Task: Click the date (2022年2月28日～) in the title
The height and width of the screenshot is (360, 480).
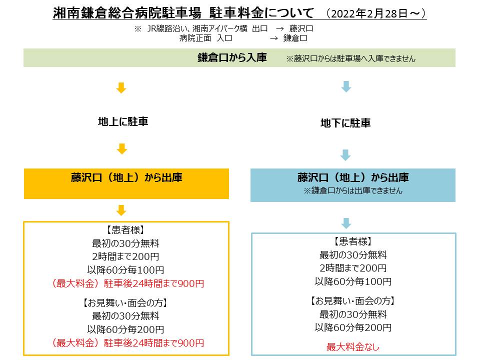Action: pyautogui.click(x=376, y=14)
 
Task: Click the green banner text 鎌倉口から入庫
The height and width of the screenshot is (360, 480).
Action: pyautogui.click(x=232, y=57)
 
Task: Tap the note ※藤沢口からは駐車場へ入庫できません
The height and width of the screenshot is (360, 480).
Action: pyautogui.click(x=351, y=58)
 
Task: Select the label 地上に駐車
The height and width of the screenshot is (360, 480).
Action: pyautogui.click(x=123, y=121)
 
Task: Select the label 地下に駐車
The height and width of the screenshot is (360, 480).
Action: pyautogui.click(x=345, y=123)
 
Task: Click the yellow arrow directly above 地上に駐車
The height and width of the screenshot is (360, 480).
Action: pyautogui.click(x=121, y=87)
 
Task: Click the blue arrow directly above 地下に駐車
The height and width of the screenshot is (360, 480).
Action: pyautogui.click(x=346, y=86)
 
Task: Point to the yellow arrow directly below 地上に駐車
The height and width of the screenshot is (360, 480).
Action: pyautogui.click(x=122, y=149)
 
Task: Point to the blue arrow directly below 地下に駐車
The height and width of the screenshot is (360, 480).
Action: pyautogui.click(x=345, y=155)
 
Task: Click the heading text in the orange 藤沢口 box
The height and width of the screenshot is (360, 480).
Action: pyautogui.click(x=126, y=177)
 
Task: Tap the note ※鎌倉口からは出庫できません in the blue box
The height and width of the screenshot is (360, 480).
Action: pyautogui.click(x=353, y=190)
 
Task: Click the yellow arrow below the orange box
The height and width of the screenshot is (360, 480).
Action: pyautogui.click(x=121, y=210)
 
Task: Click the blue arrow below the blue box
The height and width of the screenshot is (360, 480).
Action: pyautogui.click(x=346, y=223)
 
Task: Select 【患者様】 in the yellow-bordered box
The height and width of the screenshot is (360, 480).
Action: pyautogui.click(x=125, y=230)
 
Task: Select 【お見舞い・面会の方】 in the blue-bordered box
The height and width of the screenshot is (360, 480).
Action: pyautogui.click(x=352, y=301)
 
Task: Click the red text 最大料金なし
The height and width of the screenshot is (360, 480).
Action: pyautogui.click(x=353, y=347)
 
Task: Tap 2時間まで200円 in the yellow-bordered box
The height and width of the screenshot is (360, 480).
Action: pyautogui.click(x=125, y=256)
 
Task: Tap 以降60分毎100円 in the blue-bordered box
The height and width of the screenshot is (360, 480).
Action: pyautogui.click(x=353, y=281)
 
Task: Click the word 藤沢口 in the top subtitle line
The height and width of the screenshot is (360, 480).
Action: pyautogui.click(x=301, y=29)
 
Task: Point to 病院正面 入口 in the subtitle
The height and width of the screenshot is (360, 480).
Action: pyautogui.click(x=205, y=38)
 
